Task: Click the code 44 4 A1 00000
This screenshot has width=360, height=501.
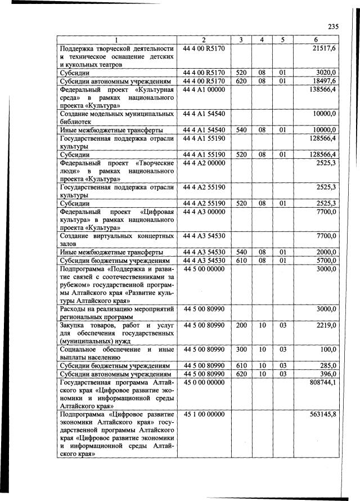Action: point(204,90)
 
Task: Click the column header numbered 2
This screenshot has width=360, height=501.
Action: point(204,40)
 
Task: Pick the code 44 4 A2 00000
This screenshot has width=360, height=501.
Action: point(204,162)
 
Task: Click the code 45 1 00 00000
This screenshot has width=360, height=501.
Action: point(204,414)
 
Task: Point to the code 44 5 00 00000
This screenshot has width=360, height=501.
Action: point(204,269)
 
